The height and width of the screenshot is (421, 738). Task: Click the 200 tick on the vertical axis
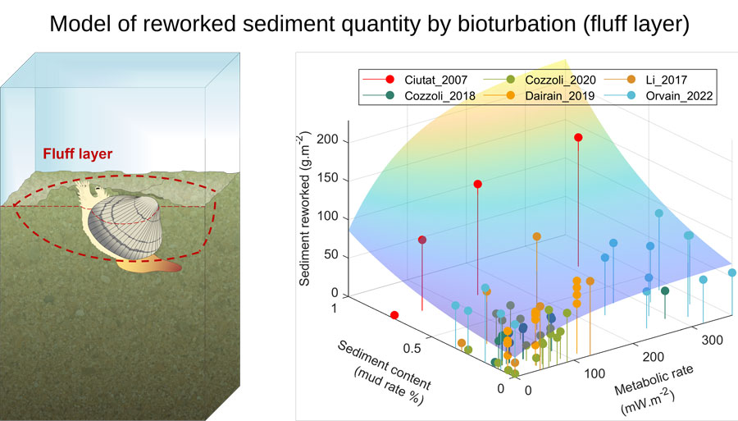pos(327,140)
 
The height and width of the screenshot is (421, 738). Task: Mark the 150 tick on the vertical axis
pos(327,178)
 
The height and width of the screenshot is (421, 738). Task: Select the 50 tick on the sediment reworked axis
pos(331,254)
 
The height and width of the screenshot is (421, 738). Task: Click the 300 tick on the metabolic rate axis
pos(712,340)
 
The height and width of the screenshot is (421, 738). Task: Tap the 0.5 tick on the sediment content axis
pos(412,349)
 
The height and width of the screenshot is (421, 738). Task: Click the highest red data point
pos(578,138)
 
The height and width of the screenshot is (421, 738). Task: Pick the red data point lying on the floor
pos(394,315)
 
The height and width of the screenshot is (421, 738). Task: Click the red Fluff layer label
pos(78,154)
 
